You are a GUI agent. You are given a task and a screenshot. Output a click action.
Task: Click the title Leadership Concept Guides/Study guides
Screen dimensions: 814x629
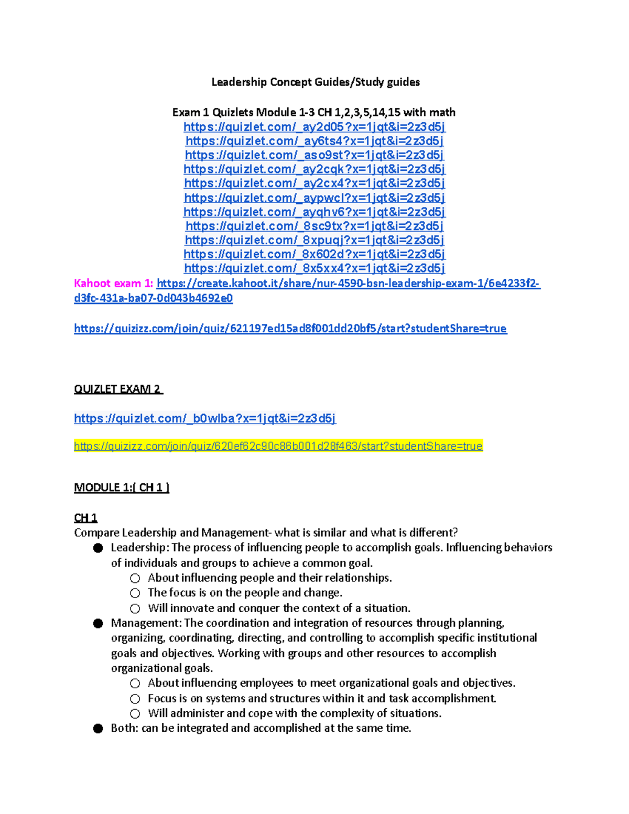pos(315,82)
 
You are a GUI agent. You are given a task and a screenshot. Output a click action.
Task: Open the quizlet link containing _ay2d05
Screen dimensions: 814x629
pos(314,127)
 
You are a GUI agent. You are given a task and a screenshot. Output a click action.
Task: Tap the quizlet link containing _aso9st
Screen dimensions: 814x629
pos(314,155)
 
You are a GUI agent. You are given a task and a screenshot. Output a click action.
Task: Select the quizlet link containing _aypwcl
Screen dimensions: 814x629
pos(314,198)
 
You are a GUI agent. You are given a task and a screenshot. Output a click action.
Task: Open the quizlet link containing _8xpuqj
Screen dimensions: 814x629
pos(314,240)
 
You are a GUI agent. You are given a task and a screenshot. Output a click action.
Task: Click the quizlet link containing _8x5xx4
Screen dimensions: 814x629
pos(314,268)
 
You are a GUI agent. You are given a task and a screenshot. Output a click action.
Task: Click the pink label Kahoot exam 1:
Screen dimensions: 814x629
pos(114,284)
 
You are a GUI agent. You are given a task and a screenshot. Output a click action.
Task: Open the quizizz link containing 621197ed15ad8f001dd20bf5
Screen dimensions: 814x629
pos(290,329)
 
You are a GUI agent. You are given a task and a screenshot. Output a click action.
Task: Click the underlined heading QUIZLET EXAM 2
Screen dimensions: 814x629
pos(118,389)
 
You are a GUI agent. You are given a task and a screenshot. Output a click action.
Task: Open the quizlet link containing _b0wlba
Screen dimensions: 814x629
pos(205,418)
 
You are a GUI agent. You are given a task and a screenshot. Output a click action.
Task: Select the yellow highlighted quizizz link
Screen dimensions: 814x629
pos(278,446)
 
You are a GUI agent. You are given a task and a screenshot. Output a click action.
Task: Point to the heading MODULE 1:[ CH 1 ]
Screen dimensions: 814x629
pos(122,487)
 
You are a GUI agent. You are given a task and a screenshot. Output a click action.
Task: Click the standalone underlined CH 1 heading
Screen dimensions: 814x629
pos(85,518)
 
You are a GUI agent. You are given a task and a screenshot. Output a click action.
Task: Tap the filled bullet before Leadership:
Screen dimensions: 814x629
pos(98,548)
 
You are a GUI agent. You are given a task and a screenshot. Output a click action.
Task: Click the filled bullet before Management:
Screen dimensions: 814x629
pos(98,623)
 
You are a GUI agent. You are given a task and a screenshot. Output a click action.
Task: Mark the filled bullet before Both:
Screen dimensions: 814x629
pos(98,729)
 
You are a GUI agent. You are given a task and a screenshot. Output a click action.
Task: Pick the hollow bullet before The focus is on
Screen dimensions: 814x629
pos(135,593)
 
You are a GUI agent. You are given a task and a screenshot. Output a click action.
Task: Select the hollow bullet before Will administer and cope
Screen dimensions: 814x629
pos(135,714)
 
